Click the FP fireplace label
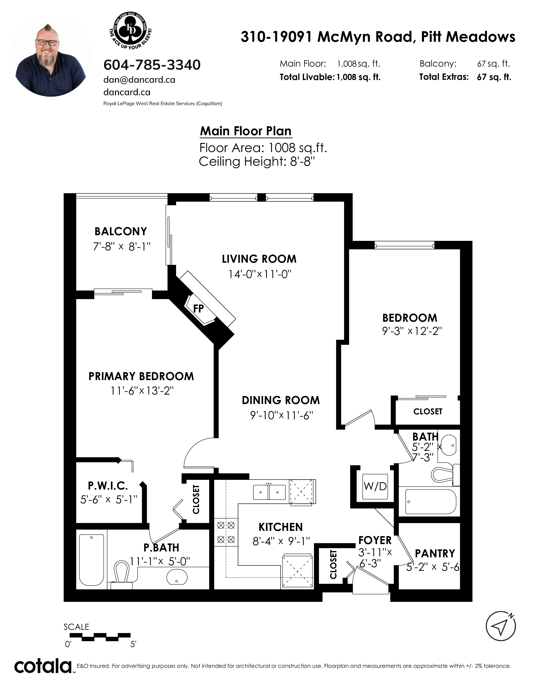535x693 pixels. (x=198, y=308)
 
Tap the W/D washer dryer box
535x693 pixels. (x=375, y=486)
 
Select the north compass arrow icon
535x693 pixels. (x=501, y=626)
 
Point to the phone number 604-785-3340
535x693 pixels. (x=152, y=65)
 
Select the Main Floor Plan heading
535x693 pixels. (x=246, y=131)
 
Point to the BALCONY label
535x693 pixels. (x=121, y=231)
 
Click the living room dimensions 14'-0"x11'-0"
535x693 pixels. (x=260, y=274)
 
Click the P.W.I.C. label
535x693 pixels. (x=108, y=486)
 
